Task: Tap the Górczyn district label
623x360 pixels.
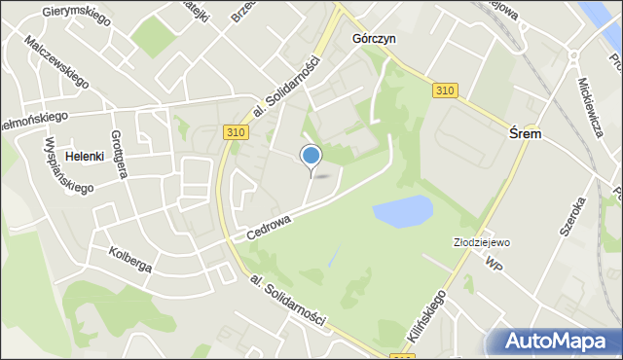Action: point(373,40)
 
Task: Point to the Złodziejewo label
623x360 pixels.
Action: point(482,242)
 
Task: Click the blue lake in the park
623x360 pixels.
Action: point(402,211)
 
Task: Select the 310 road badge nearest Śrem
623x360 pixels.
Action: point(445,90)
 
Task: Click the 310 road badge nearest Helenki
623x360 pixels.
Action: point(234,131)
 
